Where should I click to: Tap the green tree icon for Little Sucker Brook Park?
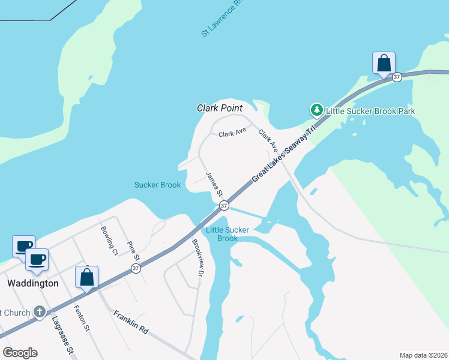[x=316, y=110]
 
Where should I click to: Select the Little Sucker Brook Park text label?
[x=370, y=111]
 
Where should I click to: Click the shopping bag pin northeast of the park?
[x=384, y=63]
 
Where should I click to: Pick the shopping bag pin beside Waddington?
[x=87, y=278]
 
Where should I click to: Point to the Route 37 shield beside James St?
[x=224, y=206]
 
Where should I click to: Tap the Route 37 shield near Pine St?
[x=136, y=268]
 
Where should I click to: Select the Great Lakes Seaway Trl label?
[x=283, y=155]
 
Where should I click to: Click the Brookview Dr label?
[x=196, y=258]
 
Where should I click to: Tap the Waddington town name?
[x=32, y=283]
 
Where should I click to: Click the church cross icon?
[x=40, y=311]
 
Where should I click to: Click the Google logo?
[x=20, y=353]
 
